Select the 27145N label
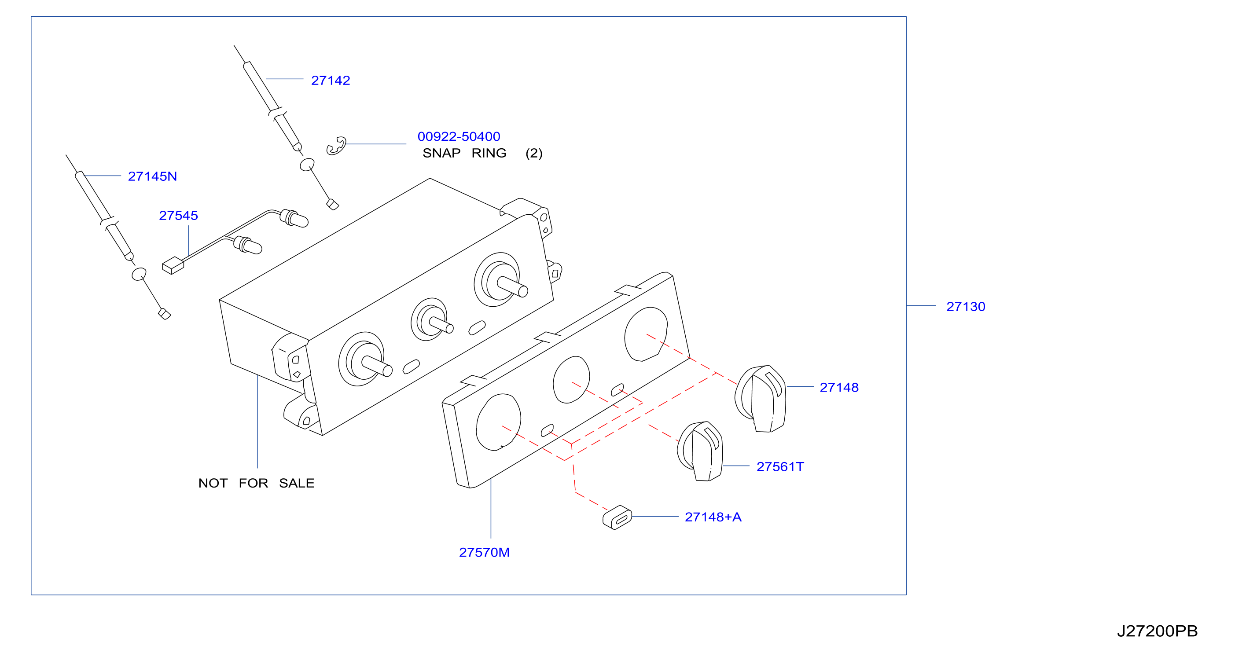(x=152, y=176)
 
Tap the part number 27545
(x=179, y=215)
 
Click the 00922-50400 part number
(x=459, y=136)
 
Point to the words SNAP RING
(x=464, y=153)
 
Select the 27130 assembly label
(x=966, y=306)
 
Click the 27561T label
(x=780, y=466)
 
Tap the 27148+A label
(x=713, y=517)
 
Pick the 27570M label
(x=484, y=552)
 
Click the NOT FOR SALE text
(x=256, y=483)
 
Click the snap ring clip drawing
(x=336, y=146)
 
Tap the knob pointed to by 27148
(x=761, y=399)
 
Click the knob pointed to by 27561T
(x=700, y=451)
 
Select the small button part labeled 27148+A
(x=617, y=517)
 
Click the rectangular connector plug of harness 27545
(x=173, y=265)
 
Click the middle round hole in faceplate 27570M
(x=571, y=380)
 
